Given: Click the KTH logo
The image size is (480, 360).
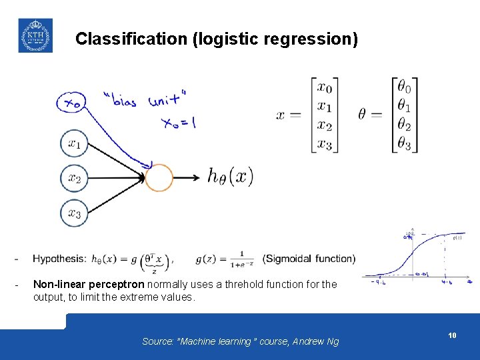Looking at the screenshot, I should pyautogui.click(x=35, y=35).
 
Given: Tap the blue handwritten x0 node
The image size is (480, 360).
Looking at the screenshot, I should pyautogui.click(x=71, y=103).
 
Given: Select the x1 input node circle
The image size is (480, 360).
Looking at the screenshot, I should pyautogui.click(x=75, y=143).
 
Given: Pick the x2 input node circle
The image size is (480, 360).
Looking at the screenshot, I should pyautogui.click(x=75, y=178).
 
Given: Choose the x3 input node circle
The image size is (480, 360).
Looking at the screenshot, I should pyautogui.click(x=75, y=213).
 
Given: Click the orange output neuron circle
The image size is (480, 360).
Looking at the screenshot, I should pyautogui.click(x=159, y=178).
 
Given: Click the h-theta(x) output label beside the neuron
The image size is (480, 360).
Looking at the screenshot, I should pyautogui.click(x=231, y=177).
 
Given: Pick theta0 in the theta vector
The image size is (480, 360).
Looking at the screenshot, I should pyautogui.click(x=404, y=87).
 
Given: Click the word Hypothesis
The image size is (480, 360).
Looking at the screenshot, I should pyautogui.click(x=59, y=259).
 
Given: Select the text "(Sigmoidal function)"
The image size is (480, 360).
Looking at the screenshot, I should pyautogui.click(x=309, y=259).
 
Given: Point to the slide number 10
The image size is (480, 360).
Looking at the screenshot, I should pyautogui.click(x=452, y=336).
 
